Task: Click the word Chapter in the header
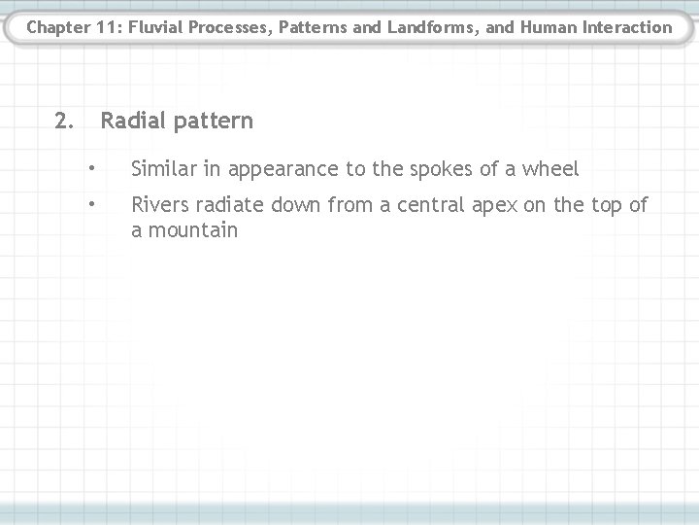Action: pyautogui.click(x=57, y=27)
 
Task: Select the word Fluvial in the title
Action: pyautogui.click(x=153, y=27)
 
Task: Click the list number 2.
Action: pyautogui.click(x=63, y=122)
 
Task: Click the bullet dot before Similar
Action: pyautogui.click(x=90, y=169)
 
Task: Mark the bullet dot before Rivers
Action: pyautogui.click(x=90, y=205)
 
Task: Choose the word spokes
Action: pyautogui.click(x=428, y=170)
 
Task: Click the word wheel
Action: pyautogui.click(x=549, y=169)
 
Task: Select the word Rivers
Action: pyautogui.click(x=159, y=205)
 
